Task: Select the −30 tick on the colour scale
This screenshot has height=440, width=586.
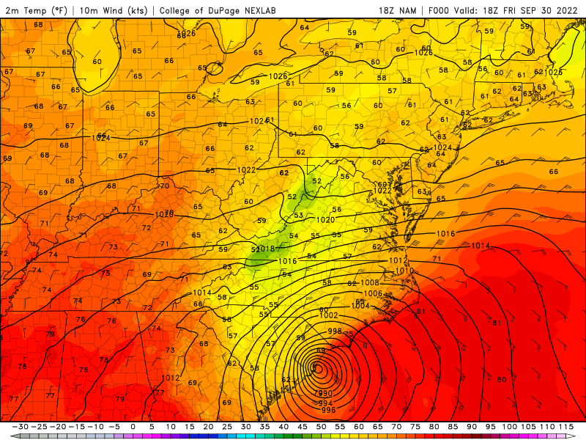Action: click(21, 427)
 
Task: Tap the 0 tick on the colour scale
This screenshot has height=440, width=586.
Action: click(133, 427)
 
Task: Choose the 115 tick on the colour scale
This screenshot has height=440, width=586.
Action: click(565, 427)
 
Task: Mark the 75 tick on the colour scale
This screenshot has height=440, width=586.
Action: click(415, 427)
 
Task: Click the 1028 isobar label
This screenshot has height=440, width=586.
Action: click(423, 53)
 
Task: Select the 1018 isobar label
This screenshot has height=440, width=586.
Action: click(265, 249)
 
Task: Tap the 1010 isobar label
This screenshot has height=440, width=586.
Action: click(404, 271)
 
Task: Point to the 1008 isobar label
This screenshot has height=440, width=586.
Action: click(370, 283)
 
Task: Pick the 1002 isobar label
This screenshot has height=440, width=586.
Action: click(329, 315)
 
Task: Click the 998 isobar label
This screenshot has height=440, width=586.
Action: click(334, 331)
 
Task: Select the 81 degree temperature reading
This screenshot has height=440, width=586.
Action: click(496, 323)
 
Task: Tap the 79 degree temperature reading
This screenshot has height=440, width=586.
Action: click(119, 399)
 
